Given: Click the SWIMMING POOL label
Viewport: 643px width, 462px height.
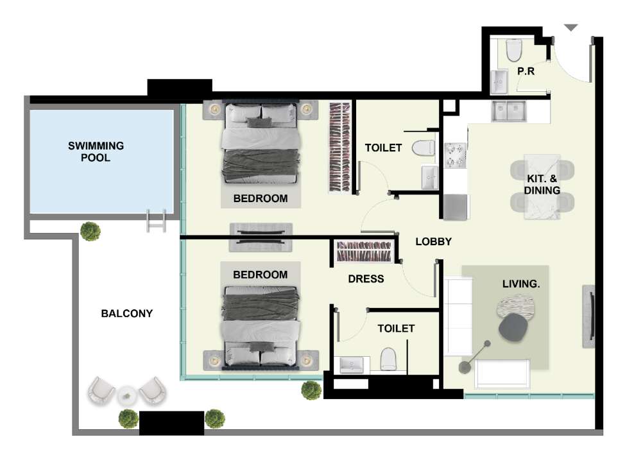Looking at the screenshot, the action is click(x=96, y=151).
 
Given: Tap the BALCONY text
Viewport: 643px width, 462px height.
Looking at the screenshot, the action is click(x=126, y=314).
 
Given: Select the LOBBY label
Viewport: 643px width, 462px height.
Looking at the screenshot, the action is click(x=433, y=241).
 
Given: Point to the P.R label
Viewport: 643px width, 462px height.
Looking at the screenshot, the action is click(x=526, y=71).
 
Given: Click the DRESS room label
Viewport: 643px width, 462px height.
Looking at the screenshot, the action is click(x=366, y=278).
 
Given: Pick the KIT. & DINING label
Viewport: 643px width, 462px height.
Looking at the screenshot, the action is click(x=542, y=184).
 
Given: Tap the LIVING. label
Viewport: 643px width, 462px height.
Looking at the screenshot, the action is click(x=521, y=284).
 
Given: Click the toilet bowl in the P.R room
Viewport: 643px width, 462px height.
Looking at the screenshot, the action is click(x=514, y=50).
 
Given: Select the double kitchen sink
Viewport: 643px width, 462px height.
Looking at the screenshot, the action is click(x=508, y=111).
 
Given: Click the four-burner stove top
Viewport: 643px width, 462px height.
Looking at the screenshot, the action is click(x=456, y=155).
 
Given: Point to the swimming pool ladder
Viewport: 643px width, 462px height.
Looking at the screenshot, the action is click(x=156, y=221).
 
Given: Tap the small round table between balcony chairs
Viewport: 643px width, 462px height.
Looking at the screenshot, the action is click(x=126, y=396).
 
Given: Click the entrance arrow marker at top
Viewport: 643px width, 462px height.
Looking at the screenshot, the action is click(x=571, y=28).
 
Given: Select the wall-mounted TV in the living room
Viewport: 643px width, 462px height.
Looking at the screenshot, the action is click(x=589, y=316).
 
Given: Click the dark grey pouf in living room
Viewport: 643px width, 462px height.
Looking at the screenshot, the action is click(x=513, y=327).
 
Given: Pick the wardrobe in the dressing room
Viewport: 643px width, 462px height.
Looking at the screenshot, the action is click(x=364, y=252).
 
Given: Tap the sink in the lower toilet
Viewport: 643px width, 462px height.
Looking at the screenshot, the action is click(x=352, y=364).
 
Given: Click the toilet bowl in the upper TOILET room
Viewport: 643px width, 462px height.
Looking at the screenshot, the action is click(x=423, y=148).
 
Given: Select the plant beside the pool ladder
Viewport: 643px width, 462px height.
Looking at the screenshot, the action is click(x=90, y=231).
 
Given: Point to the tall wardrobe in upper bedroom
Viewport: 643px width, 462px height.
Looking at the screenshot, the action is click(x=340, y=147).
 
